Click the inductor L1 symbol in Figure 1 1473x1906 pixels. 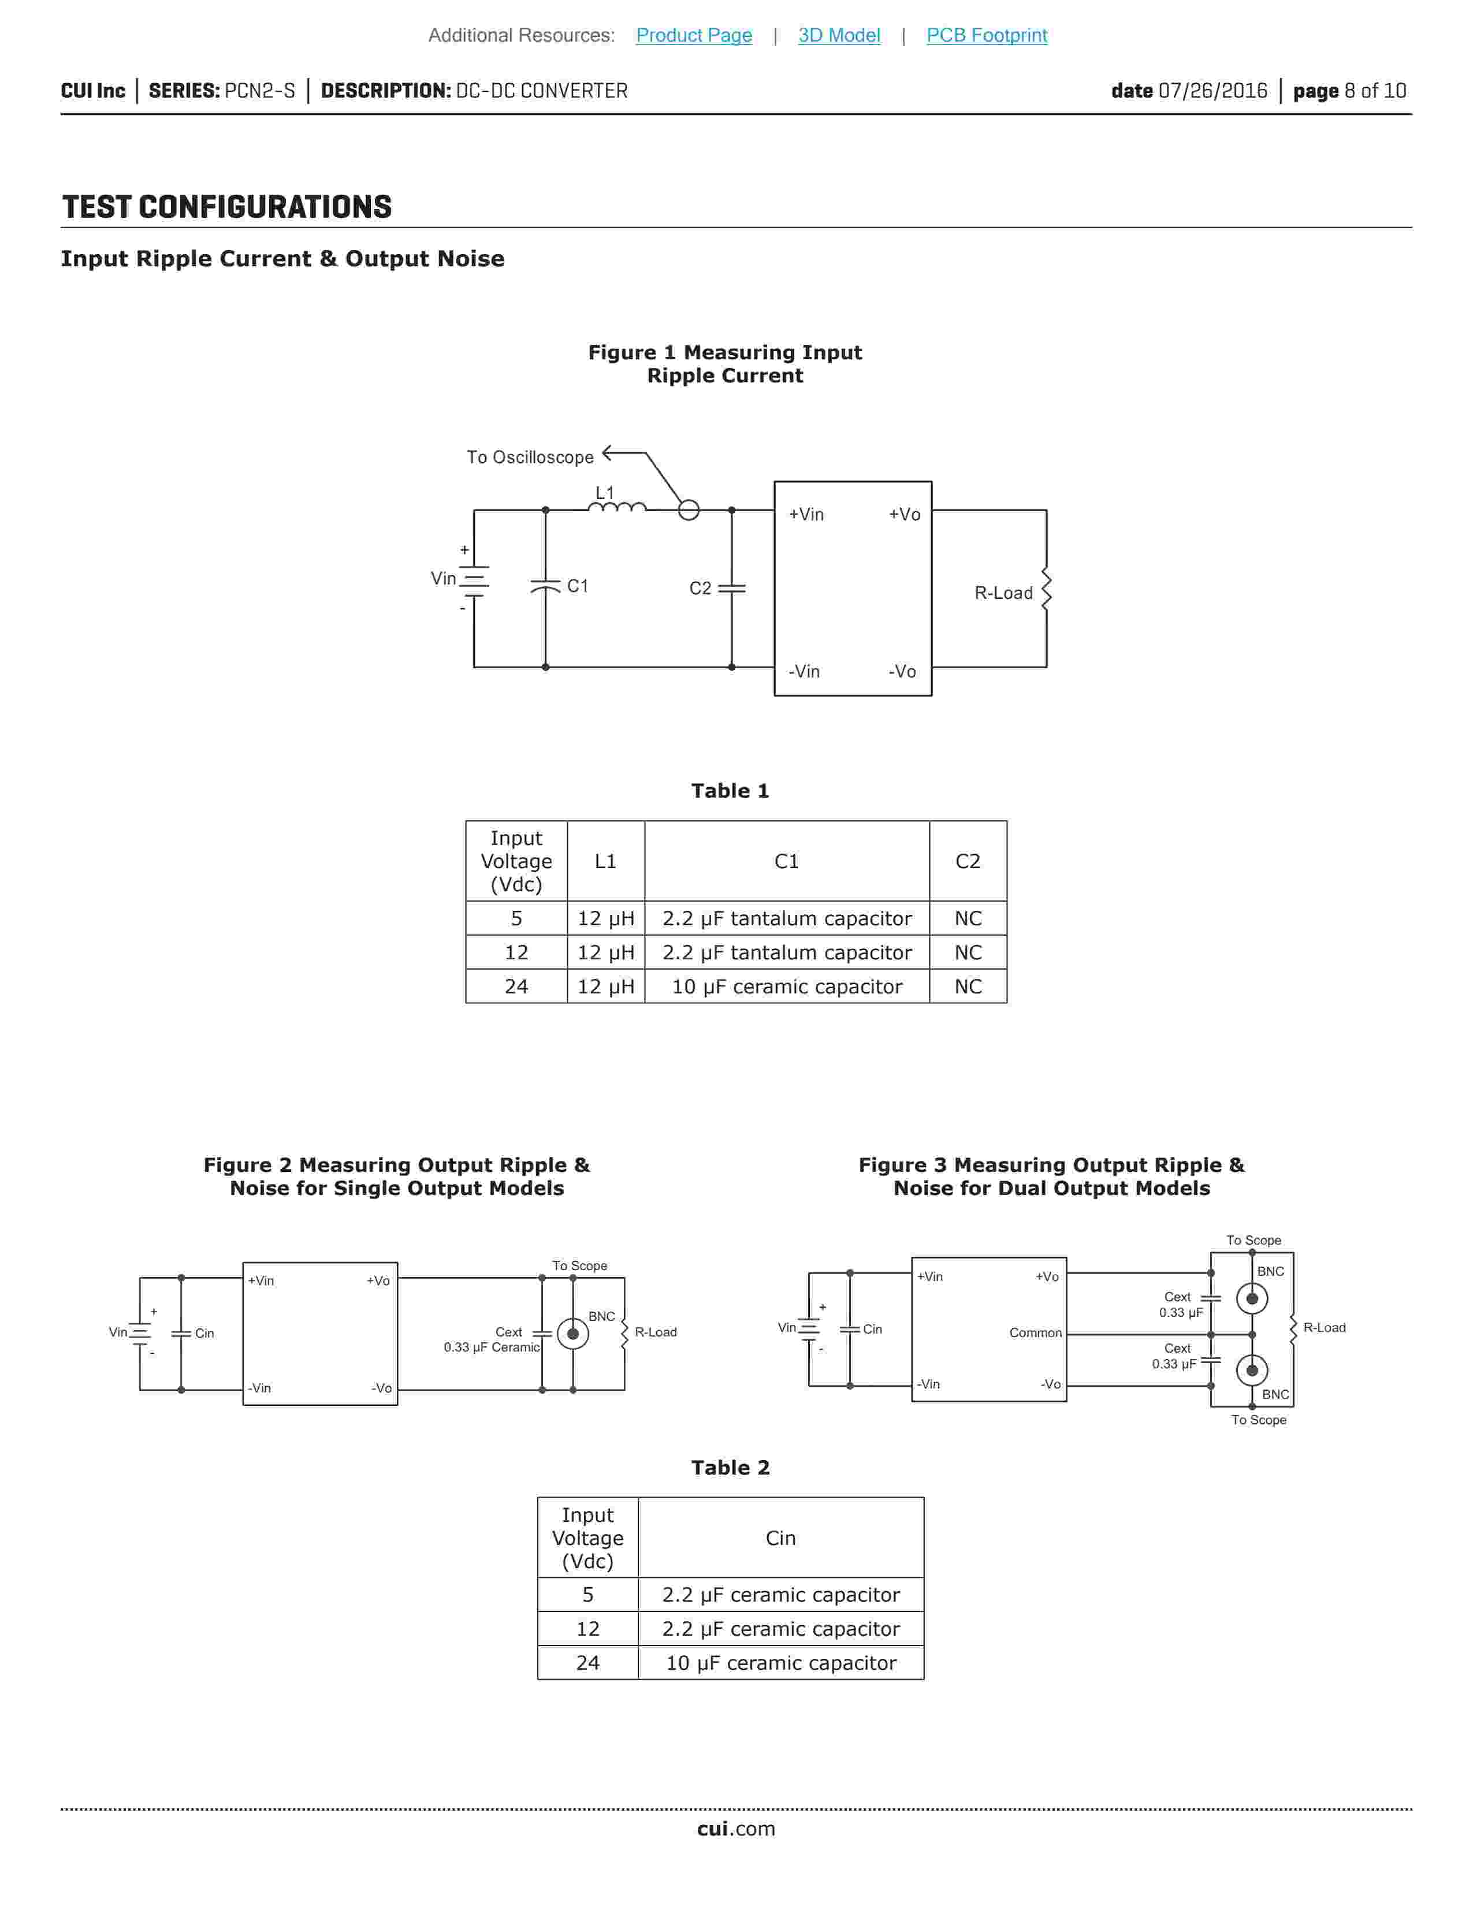click(x=616, y=507)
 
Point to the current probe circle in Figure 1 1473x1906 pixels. click(x=689, y=509)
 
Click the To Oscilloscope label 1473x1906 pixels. click(x=530, y=457)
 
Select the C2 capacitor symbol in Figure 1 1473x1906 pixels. click(x=731, y=588)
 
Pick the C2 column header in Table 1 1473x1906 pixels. click(x=968, y=861)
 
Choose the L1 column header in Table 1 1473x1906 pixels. click(x=605, y=861)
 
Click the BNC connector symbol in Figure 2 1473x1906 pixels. click(x=572, y=1334)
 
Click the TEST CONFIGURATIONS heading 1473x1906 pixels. click(x=227, y=208)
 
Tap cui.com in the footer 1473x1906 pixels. click(x=735, y=1829)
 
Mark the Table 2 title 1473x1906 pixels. click(x=730, y=1468)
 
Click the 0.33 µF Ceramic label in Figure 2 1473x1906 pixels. click(x=492, y=1347)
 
